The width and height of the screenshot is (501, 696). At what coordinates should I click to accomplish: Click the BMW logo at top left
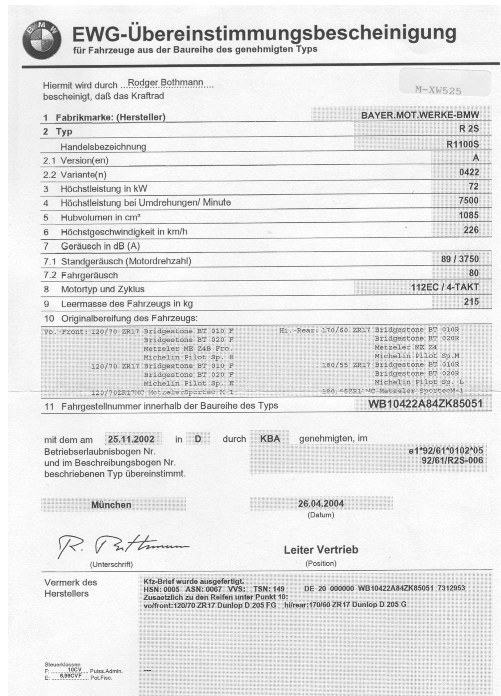(42, 40)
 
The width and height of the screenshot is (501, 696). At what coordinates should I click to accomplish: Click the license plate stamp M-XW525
(438, 90)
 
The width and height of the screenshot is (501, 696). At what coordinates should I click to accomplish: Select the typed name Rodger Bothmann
(166, 82)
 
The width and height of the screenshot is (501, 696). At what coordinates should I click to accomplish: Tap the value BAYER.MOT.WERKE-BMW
(419, 115)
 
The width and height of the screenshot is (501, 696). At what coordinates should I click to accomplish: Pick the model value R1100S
(462, 144)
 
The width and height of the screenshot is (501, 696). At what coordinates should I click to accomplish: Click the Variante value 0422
(469, 172)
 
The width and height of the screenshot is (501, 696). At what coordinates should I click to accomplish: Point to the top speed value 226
(471, 230)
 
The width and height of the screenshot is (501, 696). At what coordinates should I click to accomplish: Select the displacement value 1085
(469, 215)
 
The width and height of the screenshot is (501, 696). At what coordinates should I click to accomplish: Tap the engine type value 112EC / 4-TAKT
(444, 287)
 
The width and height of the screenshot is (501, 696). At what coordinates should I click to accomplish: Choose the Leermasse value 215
(471, 302)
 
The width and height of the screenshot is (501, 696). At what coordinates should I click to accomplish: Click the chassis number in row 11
(425, 404)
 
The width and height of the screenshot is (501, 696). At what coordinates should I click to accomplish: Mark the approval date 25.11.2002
(131, 439)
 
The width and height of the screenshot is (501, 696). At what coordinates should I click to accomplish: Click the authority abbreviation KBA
(270, 439)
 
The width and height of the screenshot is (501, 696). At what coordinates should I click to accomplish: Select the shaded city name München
(111, 505)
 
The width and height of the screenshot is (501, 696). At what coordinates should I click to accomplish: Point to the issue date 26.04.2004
(321, 503)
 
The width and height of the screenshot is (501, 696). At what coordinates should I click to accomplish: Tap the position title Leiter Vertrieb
(321, 550)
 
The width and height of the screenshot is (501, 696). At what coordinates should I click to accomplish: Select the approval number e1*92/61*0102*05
(446, 451)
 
